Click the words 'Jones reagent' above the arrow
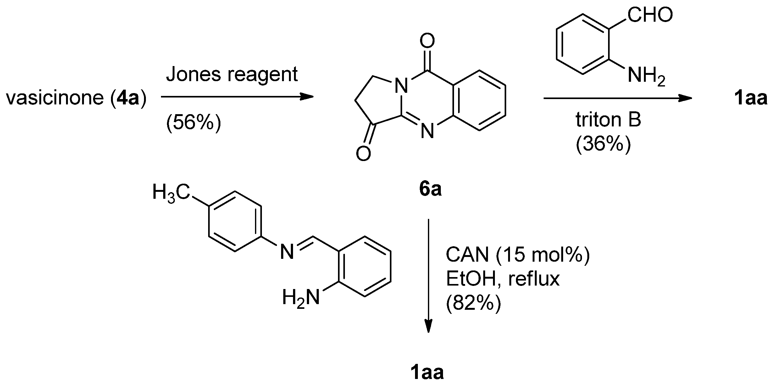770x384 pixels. pos(232,75)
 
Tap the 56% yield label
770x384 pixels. pos(194,123)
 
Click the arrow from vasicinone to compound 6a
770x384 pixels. pos(237,97)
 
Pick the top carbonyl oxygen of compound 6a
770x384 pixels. pos(427,41)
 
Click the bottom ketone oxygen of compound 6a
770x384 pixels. pos(363,154)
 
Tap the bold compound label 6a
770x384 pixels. pos(430,189)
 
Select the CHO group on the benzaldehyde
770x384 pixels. pos(650,15)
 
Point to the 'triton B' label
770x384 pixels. pos(608,120)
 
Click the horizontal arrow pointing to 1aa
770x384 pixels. pos(618,99)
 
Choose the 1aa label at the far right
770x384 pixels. pos(750,98)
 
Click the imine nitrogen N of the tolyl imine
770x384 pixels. pos(287,252)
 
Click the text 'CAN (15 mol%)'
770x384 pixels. pos(518,255)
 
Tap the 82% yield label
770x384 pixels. pos(473,303)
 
